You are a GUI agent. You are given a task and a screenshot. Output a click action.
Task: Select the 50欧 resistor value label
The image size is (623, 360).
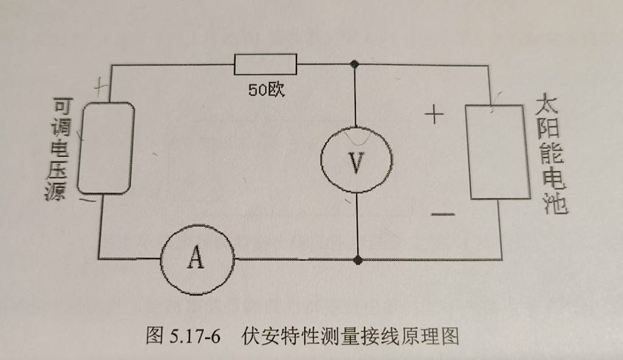coord(266,89)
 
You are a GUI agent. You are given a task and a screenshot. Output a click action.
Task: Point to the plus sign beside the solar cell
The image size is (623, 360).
coord(434,114)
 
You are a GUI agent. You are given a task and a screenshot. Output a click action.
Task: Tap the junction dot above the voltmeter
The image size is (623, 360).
coord(355,64)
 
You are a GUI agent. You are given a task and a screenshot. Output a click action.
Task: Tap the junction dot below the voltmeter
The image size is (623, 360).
coord(358,260)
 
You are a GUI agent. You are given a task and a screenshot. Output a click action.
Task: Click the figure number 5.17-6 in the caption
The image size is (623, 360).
coord(195,336)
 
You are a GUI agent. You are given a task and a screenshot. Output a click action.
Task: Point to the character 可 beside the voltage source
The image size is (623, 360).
coord(63,106)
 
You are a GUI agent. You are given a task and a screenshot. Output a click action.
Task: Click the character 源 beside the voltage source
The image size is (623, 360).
coord(55,190)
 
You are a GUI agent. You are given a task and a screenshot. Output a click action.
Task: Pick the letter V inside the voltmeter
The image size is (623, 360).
coord(356,164)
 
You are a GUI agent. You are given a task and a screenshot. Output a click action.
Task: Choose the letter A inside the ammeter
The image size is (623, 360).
coord(196,257)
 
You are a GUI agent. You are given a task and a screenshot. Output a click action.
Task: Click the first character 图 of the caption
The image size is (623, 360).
coord(155,336)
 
